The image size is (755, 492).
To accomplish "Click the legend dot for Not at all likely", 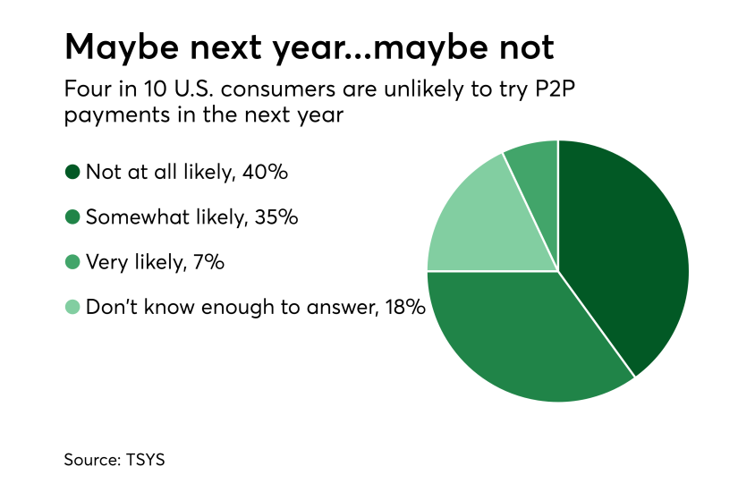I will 72,172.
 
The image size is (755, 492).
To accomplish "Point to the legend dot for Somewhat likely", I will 72,216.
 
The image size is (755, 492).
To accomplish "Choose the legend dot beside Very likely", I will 72,262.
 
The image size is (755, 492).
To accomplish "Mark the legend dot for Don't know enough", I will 72,308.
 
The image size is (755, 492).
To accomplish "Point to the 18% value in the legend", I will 402,308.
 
